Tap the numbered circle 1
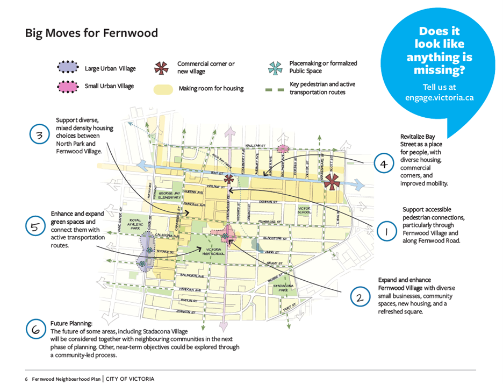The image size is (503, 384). click(385, 232)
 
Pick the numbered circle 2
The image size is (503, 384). click(360, 297)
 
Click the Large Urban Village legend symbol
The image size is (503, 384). click(68, 67)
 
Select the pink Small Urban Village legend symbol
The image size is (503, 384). click(68, 86)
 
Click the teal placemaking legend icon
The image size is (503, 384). click(275, 68)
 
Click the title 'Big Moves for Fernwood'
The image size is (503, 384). click(91, 33)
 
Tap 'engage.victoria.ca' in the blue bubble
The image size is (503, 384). click(439, 98)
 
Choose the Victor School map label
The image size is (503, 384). click(304, 210)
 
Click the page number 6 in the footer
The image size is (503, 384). click(26, 379)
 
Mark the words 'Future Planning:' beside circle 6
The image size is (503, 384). click(71, 324)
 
